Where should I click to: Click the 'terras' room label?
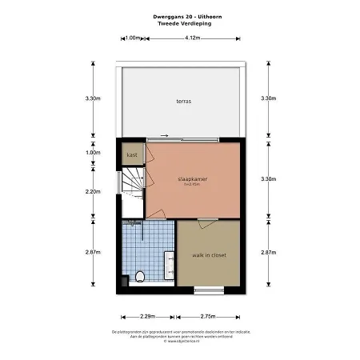(x=185, y=101)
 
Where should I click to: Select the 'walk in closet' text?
(x=207, y=254)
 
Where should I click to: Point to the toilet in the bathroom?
(x=141, y=276)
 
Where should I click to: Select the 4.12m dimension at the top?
(x=192, y=38)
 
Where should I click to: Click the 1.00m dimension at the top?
(x=133, y=38)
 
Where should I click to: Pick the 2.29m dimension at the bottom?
(x=147, y=316)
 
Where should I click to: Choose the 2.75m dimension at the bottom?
(x=207, y=316)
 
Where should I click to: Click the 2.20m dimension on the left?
(x=93, y=191)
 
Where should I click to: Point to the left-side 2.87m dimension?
(x=93, y=252)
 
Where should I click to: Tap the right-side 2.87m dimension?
(x=269, y=252)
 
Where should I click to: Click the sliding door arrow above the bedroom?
(x=164, y=134)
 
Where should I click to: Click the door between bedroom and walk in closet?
(x=206, y=219)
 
